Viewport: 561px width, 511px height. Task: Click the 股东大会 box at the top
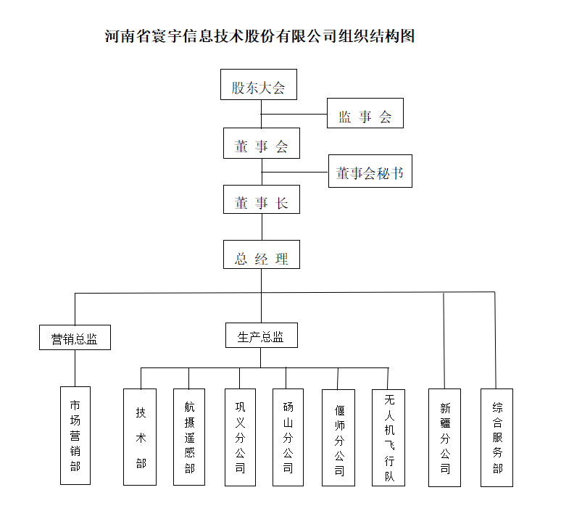pos(259,85)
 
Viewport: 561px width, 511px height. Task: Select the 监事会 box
pos(365,113)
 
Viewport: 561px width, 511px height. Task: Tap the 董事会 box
pos(262,143)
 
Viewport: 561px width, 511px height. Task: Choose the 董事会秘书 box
pos(370,171)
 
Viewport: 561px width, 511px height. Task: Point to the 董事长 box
pos(262,199)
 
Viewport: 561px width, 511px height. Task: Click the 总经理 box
pos(262,254)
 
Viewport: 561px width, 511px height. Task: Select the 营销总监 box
pos(75,338)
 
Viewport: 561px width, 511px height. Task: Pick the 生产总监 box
pos(262,336)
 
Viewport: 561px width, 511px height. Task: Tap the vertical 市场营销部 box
pos(75,436)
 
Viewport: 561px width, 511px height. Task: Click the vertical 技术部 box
pos(140,437)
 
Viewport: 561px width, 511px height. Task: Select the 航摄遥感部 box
pos(189,437)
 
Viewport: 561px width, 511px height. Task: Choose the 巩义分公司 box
pos(240,437)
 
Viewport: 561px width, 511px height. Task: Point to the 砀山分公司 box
pos(288,437)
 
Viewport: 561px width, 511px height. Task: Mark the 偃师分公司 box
pos(338,438)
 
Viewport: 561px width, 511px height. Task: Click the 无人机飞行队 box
pos(388,438)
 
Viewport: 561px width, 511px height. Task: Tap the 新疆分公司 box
pos(445,438)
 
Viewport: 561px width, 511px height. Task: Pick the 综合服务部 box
pos(497,438)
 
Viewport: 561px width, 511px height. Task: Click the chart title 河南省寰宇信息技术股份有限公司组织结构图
pos(259,36)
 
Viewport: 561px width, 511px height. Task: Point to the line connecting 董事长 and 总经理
pos(262,227)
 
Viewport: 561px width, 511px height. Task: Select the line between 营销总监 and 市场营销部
pos(75,368)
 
